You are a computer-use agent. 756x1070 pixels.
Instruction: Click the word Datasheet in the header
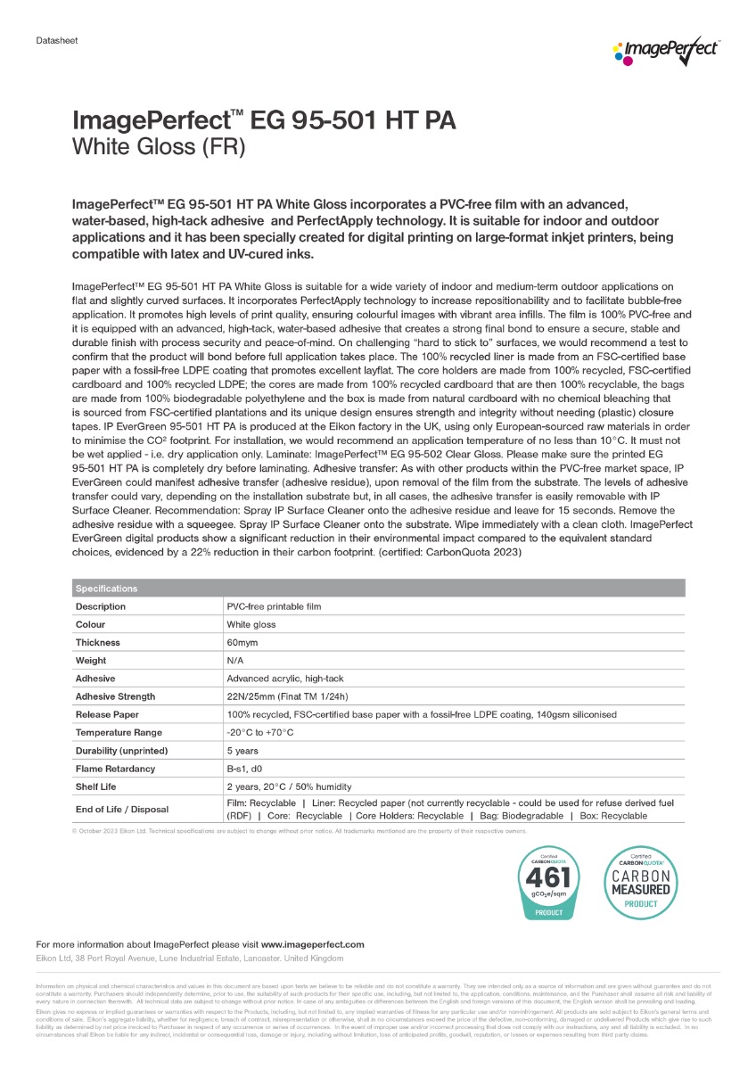54,41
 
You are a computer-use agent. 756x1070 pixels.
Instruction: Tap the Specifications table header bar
378,588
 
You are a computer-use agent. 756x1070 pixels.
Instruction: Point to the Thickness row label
97,642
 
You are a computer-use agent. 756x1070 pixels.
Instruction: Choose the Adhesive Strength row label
115,696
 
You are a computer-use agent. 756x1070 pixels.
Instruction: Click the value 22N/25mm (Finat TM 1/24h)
291,696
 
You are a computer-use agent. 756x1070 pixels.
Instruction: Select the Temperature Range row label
118,732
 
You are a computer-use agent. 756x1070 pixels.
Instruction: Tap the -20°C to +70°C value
260,732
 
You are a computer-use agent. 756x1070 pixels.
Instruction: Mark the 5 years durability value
242,750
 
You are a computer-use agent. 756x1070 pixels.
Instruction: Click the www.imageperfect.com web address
312,943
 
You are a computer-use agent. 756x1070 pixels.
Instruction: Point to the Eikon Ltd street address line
189,958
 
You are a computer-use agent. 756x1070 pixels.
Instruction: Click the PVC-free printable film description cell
274,606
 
